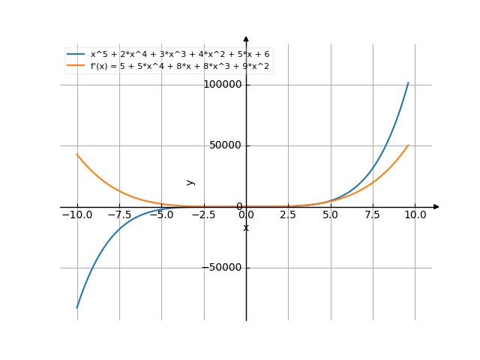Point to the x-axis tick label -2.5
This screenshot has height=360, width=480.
click(x=202, y=215)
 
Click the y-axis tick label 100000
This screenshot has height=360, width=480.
click(x=223, y=85)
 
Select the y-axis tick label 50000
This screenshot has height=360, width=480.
click(x=226, y=145)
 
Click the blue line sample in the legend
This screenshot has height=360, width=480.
click(x=76, y=55)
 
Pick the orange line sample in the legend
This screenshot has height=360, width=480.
click(x=76, y=66)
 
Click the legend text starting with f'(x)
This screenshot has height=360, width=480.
click(x=180, y=66)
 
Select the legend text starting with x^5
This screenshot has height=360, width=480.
click(x=179, y=55)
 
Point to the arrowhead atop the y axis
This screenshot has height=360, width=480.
click(x=246, y=38)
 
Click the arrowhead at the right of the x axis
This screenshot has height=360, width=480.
click(x=436, y=206)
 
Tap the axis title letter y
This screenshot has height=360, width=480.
click(x=190, y=181)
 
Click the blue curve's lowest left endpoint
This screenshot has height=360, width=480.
click(x=76, y=308)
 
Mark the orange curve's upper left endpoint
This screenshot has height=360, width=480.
click(x=76, y=154)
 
